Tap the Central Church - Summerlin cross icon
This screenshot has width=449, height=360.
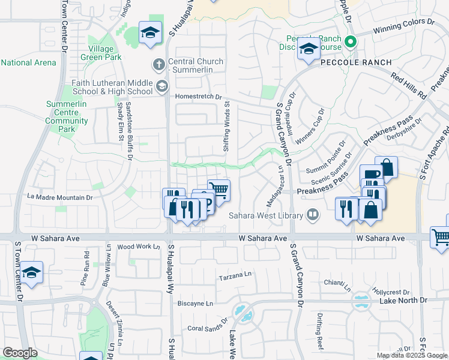click(x=158, y=64)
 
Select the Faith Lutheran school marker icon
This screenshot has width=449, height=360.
click(x=161, y=87)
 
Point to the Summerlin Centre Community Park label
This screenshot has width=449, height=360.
click(x=67, y=116)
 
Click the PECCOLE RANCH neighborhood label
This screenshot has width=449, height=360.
click(x=355, y=62)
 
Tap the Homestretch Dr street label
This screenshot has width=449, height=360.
click(x=199, y=96)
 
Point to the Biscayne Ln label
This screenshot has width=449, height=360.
click(x=196, y=304)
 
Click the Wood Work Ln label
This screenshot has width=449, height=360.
click(x=139, y=247)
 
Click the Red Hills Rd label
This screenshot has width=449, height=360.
click(x=408, y=86)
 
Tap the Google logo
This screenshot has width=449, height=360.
click(x=20, y=353)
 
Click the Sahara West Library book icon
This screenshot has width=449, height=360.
click(x=312, y=214)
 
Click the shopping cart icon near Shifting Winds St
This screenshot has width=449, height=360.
click(x=219, y=189)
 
